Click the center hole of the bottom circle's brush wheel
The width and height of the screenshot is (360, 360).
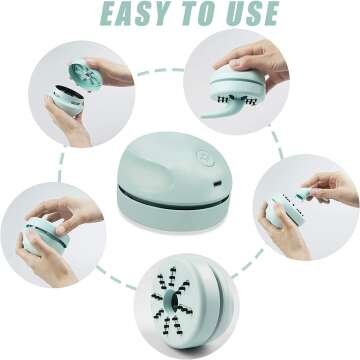tap(178, 304)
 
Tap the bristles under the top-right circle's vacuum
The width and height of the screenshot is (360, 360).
tap(234, 97)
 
